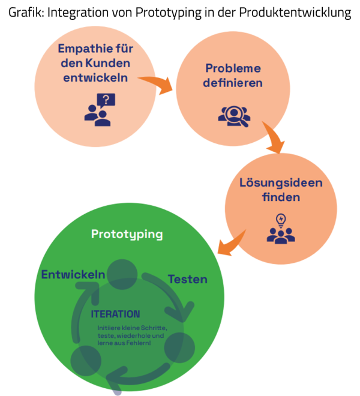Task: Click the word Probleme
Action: (233, 68)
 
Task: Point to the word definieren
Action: (233, 83)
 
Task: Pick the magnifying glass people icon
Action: (233, 115)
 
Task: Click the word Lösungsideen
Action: (281, 182)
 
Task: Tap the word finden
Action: (281, 197)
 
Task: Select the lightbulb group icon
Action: (281, 229)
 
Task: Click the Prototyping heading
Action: (127, 234)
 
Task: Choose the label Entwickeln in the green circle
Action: (73, 275)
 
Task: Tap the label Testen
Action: (187, 279)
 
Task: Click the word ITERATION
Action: (115, 314)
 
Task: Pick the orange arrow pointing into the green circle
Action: (230, 242)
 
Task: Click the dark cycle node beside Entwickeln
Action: (122, 274)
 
